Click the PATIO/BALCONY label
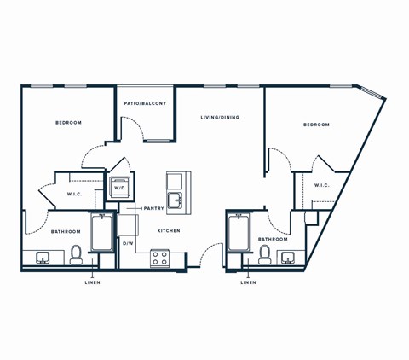[146, 103]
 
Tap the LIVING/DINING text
[220, 117]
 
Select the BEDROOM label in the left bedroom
[68, 123]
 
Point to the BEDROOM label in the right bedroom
[315, 125]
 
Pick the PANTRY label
[153, 208]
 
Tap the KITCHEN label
[168, 231]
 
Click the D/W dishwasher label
[128, 244]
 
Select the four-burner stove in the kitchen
[159, 258]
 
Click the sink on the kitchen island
[175, 200]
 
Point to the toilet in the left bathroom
[76, 255]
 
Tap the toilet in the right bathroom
[264, 256]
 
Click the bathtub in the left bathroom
[102, 232]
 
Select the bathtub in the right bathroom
[238, 233]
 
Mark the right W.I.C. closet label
[321, 185]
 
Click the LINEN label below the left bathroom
[92, 282]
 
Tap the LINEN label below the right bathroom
[247, 282]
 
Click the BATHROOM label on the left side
[65, 232]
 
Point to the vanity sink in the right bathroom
[289, 258]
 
